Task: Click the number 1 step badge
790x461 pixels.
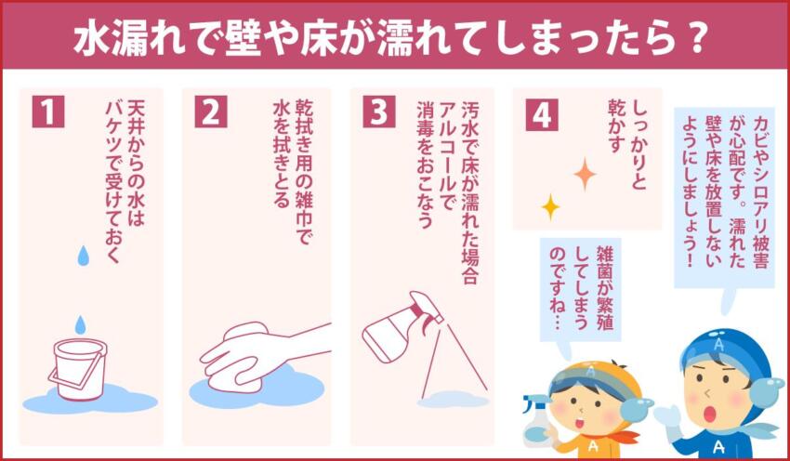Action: coord(48,112)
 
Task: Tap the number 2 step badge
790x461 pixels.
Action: coord(211,112)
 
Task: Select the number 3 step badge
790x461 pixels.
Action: coord(378,112)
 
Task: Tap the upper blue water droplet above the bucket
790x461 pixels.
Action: coord(83,255)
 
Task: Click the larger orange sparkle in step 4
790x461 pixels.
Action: coord(585,174)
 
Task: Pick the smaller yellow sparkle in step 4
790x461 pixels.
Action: coord(550,205)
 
